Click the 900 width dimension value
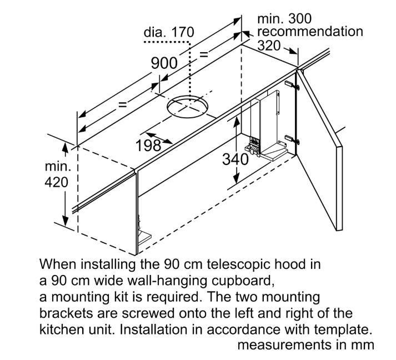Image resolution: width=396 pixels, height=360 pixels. point(164,63)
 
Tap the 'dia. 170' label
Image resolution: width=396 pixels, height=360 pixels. point(169,33)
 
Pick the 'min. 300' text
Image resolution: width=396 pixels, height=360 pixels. point(285,19)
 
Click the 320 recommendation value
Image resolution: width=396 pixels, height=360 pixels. point(269,46)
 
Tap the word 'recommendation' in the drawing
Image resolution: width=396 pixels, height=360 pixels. point(310,32)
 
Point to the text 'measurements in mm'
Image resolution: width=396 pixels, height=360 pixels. point(305,344)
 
